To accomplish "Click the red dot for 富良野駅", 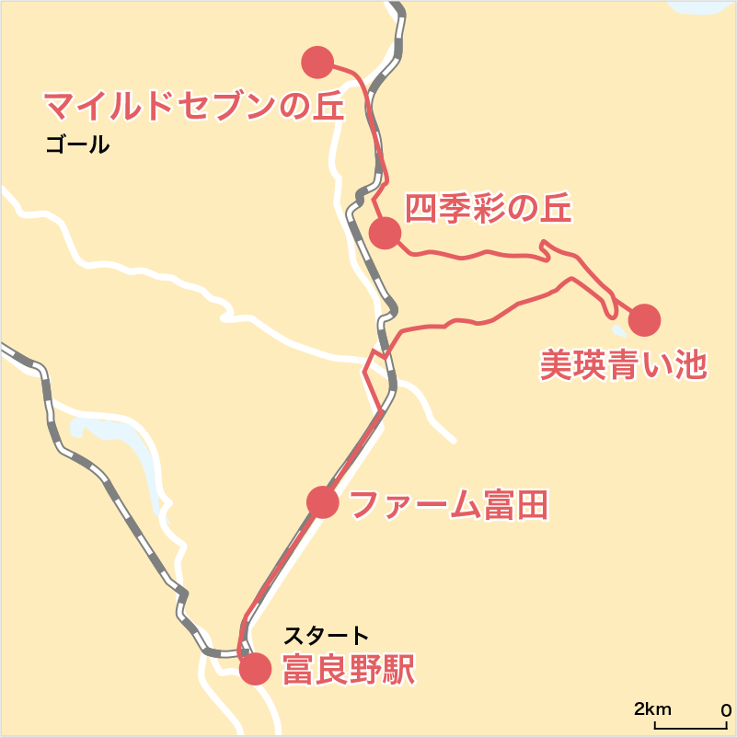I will tap(255, 669).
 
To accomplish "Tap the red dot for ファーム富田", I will tap(323, 502).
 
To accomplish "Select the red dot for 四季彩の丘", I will tap(386, 233).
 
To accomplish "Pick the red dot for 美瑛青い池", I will tap(644, 320).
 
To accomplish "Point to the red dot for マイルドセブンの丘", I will tap(317, 62).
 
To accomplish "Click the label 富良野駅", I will tap(349, 669).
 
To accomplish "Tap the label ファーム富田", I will tap(450, 504).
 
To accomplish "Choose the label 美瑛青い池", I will tap(622, 364).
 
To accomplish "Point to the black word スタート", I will tap(326, 635).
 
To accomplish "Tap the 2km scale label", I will tap(652, 709).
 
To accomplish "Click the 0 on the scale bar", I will tap(725, 709).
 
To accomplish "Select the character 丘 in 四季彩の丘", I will tap(555, 209).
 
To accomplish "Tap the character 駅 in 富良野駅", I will tap(398, 669).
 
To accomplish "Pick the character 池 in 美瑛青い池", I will tap(688, 364).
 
